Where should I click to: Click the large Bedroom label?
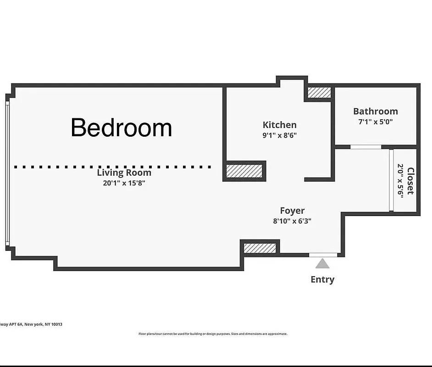pyautogui.click(x=122, y=128)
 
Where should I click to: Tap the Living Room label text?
pyautogui.click(x=124, y=173)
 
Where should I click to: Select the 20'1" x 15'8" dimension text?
pyautogui.click(x=124, y=183)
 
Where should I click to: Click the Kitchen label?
pyautogui.click(x=279, y=125)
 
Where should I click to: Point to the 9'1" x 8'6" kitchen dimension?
pyautogui.click(x=279, y=135)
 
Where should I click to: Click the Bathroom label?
pyautogui.click(x=375, y=111)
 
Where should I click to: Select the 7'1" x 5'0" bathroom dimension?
pyautogui.click(x=375, y=122)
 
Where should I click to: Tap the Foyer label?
pyautogui.click(x=292, y=211)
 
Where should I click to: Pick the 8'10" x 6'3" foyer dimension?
pyautogui.click(x=292, y=221)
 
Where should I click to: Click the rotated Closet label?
pyautogui.click(x=410, y=181)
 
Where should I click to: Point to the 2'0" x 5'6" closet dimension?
pyautogui.click(x=400, y=180)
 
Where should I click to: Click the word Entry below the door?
pyautogui.click(x=322, y=279)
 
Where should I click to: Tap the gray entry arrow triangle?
pyautogui.click(x=322, y=263)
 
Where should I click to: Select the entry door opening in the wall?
pyautogui.click(x=322, y=255)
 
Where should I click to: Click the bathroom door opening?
pyautogui.click(x=366, y=147)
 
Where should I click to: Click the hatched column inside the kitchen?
pyautogui.click(x=244, y=171)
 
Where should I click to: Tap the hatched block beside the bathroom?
pyautogui.click(x=319, y=93)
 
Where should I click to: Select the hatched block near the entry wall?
pyautogui.click(x=260, y=248)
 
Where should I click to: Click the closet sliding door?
pyautogui.click(x=391, y=180)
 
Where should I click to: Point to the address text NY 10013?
pyautogui.click(x=54, y=324)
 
